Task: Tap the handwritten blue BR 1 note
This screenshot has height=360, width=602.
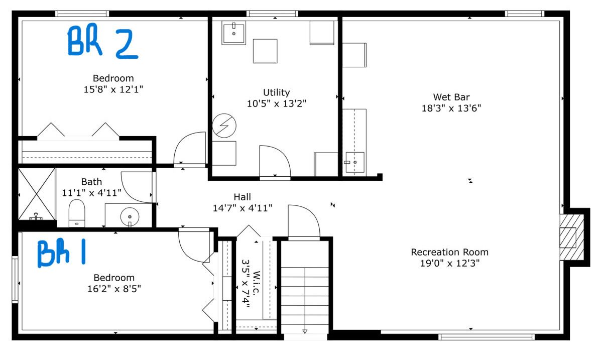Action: [x=61, y=252]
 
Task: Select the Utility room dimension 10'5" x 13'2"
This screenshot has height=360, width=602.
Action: [x=277, y=103]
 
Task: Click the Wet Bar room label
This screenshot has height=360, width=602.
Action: [x=451, y=97]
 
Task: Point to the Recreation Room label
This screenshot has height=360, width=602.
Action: [x=449, y=252]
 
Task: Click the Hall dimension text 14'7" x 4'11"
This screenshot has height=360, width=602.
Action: [x=243, y=208]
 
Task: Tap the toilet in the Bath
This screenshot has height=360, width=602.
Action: [x=77, y=213]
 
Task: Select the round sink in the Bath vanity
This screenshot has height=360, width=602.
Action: [x=130, y=217]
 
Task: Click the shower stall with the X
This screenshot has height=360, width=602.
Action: [x=37, y=194]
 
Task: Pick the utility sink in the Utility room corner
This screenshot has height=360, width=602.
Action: [x=233, y=33]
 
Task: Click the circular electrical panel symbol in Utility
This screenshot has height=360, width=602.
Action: [x=224, y=126]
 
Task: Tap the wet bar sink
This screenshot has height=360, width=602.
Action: [x=354, y=162]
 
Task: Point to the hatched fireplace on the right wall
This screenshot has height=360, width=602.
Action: [x=572, y=237]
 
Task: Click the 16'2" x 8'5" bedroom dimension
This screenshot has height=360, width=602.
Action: [x=114, y=289]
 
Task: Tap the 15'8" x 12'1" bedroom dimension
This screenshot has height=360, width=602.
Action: [x=113, y=89]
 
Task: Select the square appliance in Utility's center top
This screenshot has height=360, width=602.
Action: [x=265, y=51]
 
